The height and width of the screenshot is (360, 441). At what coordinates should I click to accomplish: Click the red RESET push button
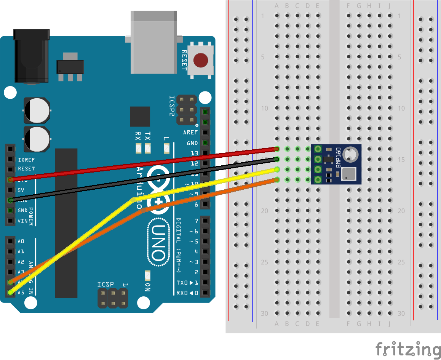(201, 60)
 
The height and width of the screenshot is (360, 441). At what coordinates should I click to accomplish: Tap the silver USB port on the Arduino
(153, 42)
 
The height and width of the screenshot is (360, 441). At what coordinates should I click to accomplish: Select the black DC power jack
(31, 56)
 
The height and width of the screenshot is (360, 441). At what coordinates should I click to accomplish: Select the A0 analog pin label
(21, 241)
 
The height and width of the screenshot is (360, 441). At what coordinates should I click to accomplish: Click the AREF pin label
(190, 133)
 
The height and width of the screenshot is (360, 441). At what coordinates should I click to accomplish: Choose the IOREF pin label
(26, 160)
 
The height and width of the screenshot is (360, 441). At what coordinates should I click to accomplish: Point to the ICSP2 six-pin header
(186, 110)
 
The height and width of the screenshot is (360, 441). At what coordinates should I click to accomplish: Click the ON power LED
(147, 275)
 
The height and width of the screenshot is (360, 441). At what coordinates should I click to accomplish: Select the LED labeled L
(166, 148)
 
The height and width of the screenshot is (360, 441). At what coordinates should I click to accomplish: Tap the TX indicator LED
(148, 148)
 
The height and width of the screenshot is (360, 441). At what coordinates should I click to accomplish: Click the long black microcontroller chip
(66, 223)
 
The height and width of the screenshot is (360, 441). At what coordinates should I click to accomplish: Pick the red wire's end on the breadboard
(277, 149)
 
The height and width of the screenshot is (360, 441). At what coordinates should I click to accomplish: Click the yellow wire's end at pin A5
(10, 293)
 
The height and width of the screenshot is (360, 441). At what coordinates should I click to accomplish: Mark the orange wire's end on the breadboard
(277, 179)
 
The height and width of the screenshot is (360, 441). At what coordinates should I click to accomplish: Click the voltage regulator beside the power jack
(70, 67)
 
